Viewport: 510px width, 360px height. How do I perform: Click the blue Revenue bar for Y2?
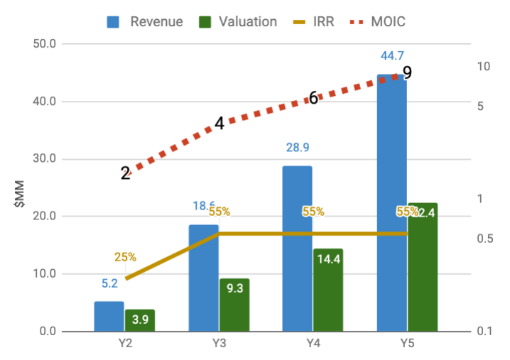click(x=109, y=317)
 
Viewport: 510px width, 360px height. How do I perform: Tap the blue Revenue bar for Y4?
click(x=297, y=249)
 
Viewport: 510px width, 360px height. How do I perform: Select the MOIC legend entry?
click(x=376, y=21)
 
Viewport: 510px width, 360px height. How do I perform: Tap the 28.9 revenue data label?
click(x=297, y=148)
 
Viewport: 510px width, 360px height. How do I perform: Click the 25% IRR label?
click(x=125, y=257)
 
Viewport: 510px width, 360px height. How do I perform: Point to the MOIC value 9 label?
click(x=407, y=72)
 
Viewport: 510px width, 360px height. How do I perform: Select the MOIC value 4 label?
click(x=219, y=123)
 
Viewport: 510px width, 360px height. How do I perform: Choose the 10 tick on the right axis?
click(x=484, y=67)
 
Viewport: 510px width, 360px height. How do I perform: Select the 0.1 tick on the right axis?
click(x=485, y=331)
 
